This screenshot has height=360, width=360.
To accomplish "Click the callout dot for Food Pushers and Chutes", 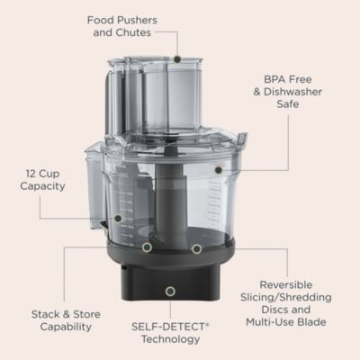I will click(177, 59).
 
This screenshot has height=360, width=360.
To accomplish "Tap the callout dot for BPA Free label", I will click(217, 168).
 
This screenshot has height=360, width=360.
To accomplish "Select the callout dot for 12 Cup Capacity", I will click(116, 218).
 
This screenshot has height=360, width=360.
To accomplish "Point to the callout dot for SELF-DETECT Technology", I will click(171, 292).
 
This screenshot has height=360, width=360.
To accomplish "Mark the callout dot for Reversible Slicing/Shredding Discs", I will click(195, 248).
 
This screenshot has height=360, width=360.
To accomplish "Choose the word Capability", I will click(65, 327).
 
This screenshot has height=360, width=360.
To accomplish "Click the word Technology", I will click(169, 338).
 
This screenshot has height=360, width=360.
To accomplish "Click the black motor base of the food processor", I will click(171, 274).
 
